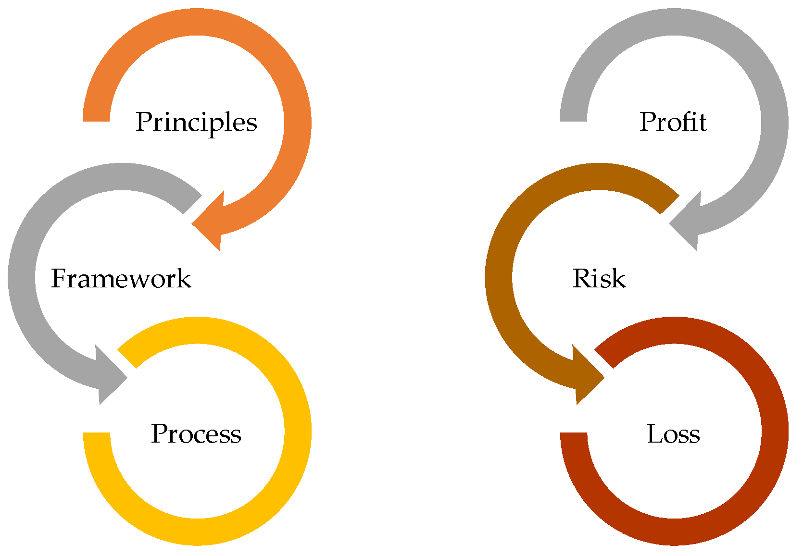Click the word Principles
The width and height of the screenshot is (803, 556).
click(196, 123)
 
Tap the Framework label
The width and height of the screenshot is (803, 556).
click(121, 279)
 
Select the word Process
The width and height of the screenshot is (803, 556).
click(196, 434)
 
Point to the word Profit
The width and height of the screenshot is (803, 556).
click(673, 122)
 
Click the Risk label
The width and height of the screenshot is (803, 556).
click(599, 279)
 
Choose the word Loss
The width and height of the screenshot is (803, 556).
click(673, 434)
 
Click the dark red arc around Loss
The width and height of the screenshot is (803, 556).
click(775, 432)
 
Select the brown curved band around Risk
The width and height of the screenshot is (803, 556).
click(499, 279)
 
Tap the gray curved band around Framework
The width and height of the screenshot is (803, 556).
click(22, 279)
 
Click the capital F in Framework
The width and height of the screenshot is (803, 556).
click(58, 279)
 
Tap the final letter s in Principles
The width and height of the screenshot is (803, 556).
click(252, 124)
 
